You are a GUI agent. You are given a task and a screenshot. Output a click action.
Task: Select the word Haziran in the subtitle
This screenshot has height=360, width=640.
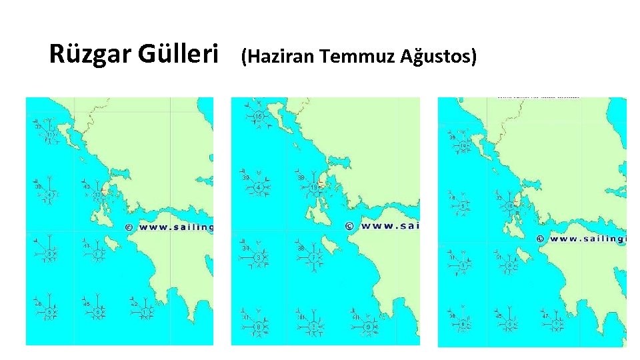pos(280,58)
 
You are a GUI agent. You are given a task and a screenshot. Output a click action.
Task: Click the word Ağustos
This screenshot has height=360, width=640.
pos(439,58)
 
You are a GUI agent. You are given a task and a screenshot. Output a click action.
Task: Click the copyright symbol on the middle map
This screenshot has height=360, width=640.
pos(349,226)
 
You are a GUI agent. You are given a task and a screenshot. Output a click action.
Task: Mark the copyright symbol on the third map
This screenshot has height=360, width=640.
pos(539,238)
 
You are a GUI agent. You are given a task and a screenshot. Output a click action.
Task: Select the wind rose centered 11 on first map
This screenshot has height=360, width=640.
pos(49,135)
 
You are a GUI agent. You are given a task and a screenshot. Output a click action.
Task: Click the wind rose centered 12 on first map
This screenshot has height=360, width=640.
pos(97,195)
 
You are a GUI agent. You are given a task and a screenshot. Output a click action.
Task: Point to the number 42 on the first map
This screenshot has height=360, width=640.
pos(133,304)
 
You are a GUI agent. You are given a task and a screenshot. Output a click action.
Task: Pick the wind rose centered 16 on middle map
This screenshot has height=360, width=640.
pos(257,117)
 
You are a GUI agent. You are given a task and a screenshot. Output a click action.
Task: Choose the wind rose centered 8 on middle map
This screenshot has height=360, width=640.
pos(259,327)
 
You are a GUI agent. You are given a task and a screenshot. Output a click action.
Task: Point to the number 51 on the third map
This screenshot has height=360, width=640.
pos(498,257)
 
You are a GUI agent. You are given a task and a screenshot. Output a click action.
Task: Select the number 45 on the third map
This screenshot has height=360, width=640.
pos(498,315)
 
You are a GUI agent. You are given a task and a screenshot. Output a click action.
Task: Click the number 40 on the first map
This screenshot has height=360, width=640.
pos(86,187)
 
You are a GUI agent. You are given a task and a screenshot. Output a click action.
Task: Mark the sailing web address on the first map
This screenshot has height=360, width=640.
pos(175,227)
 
